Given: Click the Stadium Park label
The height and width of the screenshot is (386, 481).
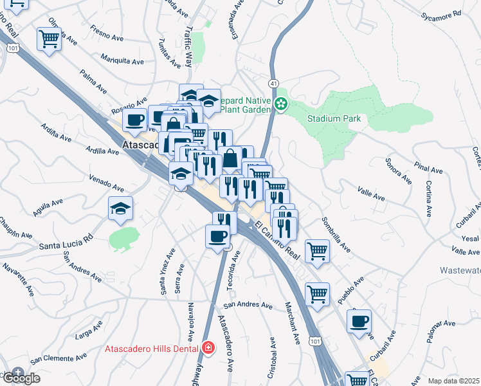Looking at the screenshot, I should coord(334,118).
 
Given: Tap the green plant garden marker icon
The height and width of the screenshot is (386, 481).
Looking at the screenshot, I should coord(280,104).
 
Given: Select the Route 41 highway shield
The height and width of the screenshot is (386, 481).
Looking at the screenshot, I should coord(273,84).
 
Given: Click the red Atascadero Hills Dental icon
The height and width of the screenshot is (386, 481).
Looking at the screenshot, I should coord(207,348).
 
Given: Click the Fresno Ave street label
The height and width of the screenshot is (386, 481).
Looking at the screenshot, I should coord(107,32).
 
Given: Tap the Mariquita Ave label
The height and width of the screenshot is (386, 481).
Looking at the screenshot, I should coord(122,59).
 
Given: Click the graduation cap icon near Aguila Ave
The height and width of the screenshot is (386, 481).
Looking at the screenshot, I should coord(120,208).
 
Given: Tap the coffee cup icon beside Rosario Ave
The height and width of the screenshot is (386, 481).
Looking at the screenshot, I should coord(136,120).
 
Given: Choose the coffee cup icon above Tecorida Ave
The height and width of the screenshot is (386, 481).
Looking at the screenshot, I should coord(217,236).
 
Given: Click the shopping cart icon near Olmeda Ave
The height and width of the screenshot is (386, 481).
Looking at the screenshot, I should coord(49,40).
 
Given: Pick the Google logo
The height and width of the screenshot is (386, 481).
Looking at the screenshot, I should coord(21,378).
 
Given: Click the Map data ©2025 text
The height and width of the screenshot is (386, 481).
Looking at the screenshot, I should coord(453,381).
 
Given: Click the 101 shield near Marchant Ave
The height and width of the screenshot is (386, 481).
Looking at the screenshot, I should coord(314,339).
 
